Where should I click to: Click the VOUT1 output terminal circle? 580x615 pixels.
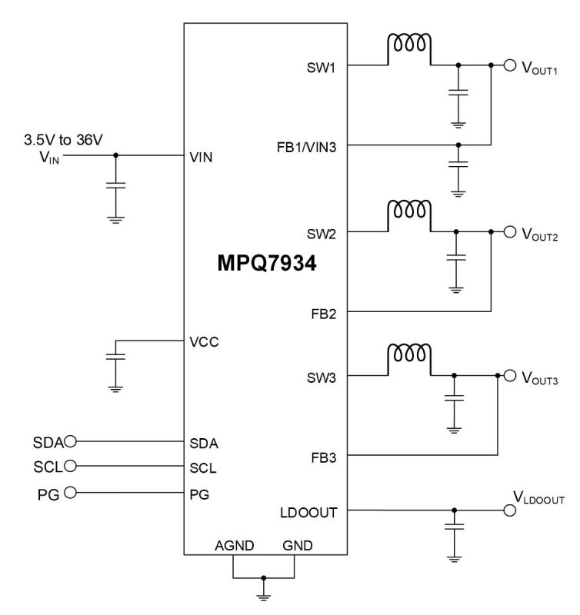coord(510,65)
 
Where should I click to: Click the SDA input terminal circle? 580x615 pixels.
coord(72,441)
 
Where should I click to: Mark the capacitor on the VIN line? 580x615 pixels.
coord(115,186)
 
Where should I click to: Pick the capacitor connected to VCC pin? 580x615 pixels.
coord(115,357)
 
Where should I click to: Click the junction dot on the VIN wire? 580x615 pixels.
coord(115,155)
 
